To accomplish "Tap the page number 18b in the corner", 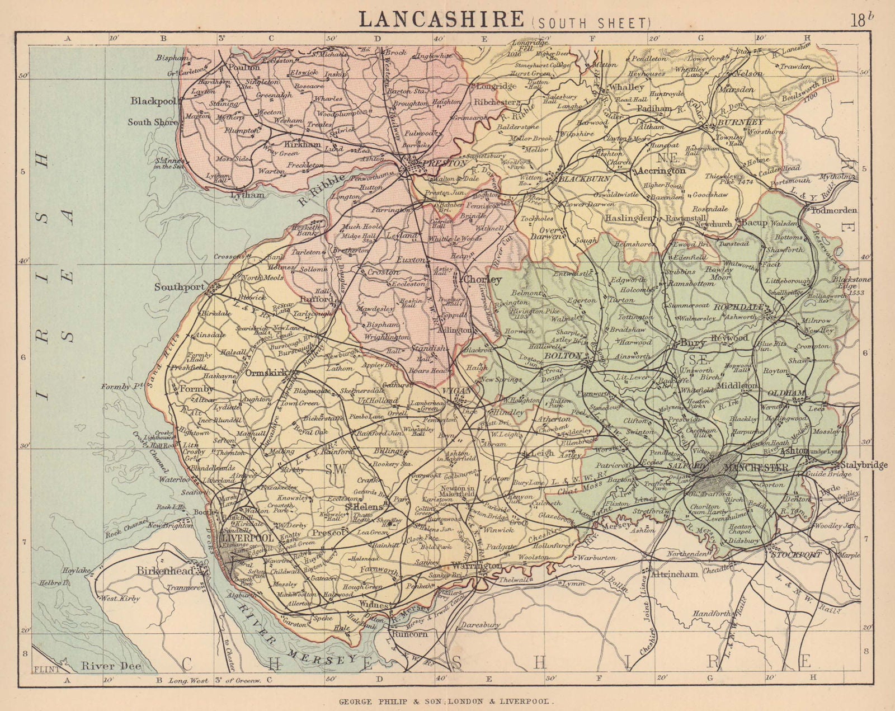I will (862, 21).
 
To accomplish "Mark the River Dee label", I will (111, 666).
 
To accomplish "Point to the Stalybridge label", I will (864, 465).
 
